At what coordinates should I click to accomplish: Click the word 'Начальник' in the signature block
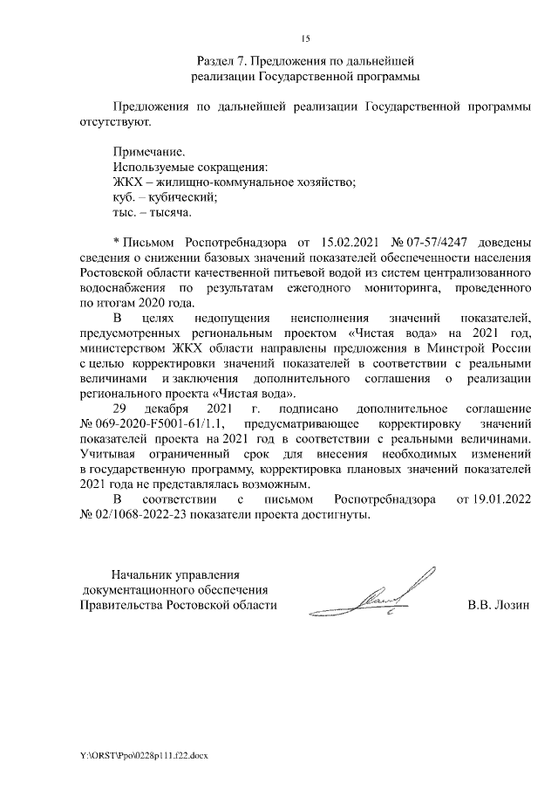click(x=144, y=574)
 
